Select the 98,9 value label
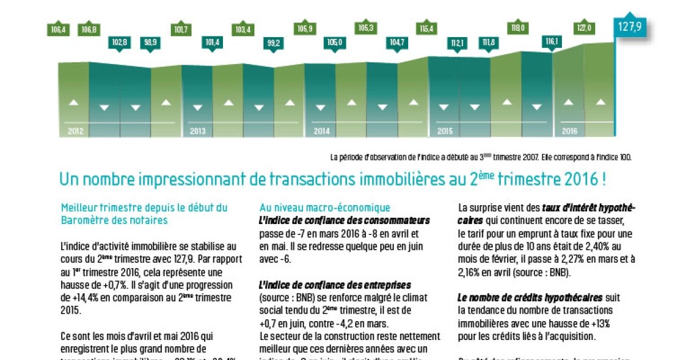point(151,42)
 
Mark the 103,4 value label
point(243,30)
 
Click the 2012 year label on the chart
point(75,131)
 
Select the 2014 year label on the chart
point(322,131)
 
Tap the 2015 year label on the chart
point(445,131)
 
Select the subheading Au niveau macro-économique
point(325,207)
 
